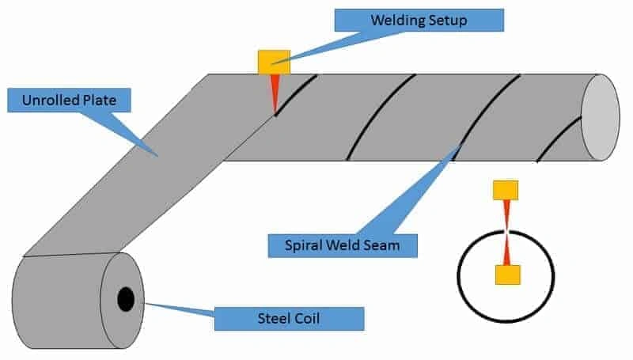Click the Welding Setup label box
(x=419, y=20)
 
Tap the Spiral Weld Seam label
(x=342, y=245)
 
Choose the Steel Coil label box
(x=289, y=318)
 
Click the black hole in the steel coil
(x=126, y=299)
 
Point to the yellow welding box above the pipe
(x=274, y=62)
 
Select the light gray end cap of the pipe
(x=601, y=118)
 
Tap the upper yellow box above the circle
(x=505, y=190)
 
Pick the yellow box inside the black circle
(x=507, y=275)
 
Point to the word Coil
(x=316, y=318)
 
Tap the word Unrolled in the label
(x=51, y=100)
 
